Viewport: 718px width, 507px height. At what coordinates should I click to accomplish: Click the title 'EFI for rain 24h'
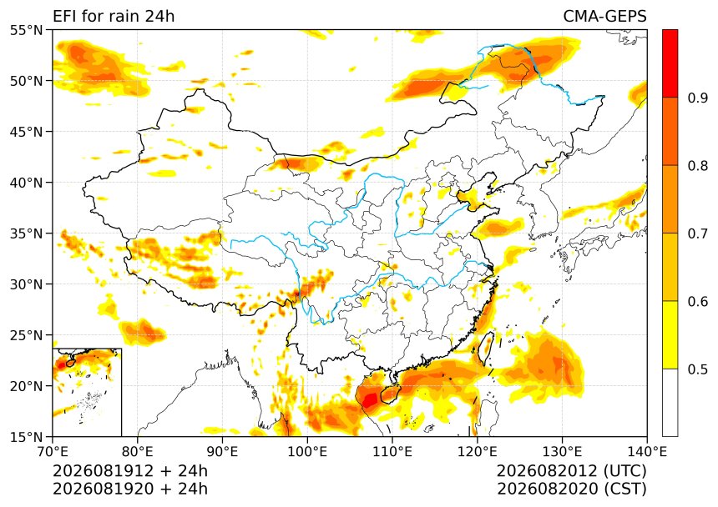point(114,16)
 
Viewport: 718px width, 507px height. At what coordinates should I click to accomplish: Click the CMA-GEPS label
point(604,16)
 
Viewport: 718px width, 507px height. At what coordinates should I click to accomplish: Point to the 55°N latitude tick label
point(26,30)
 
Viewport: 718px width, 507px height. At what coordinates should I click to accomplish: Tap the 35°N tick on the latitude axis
point(26,233)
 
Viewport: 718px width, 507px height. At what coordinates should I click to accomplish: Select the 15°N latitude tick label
point(26,437)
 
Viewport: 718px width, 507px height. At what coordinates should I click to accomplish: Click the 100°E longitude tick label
point(307,452)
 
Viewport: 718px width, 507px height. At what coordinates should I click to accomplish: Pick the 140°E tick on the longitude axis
point(646,452)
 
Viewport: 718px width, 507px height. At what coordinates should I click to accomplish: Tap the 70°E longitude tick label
point(53,452)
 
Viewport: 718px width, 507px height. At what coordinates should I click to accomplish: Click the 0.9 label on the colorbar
point(698,98)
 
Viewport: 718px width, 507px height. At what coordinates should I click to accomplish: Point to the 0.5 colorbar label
point(698,369)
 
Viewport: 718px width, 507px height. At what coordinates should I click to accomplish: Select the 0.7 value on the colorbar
point(698,233)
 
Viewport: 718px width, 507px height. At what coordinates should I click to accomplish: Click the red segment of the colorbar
point(670,63)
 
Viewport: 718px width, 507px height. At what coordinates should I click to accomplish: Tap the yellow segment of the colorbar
point(670,334)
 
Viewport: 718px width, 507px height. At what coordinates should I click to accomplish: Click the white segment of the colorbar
point(670,403)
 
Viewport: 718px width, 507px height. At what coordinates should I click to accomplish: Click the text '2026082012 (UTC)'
point(571,471)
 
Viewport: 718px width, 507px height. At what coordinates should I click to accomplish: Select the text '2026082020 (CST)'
point(571,489)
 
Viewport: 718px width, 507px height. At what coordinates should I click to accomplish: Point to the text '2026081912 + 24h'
point(130,471)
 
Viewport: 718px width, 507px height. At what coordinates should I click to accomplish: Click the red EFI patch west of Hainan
point(370,399)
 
